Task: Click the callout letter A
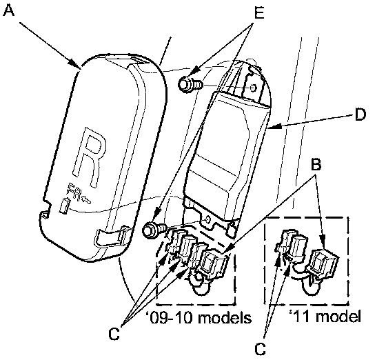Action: tap(9, 10)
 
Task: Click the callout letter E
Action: tap(258, 12)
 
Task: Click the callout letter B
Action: tap(316, 164)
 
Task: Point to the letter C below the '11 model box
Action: tap(261, 349)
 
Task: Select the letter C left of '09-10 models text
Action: tap(114, 334)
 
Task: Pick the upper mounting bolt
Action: tap(190, 85)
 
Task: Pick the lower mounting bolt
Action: tap(154, 230)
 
